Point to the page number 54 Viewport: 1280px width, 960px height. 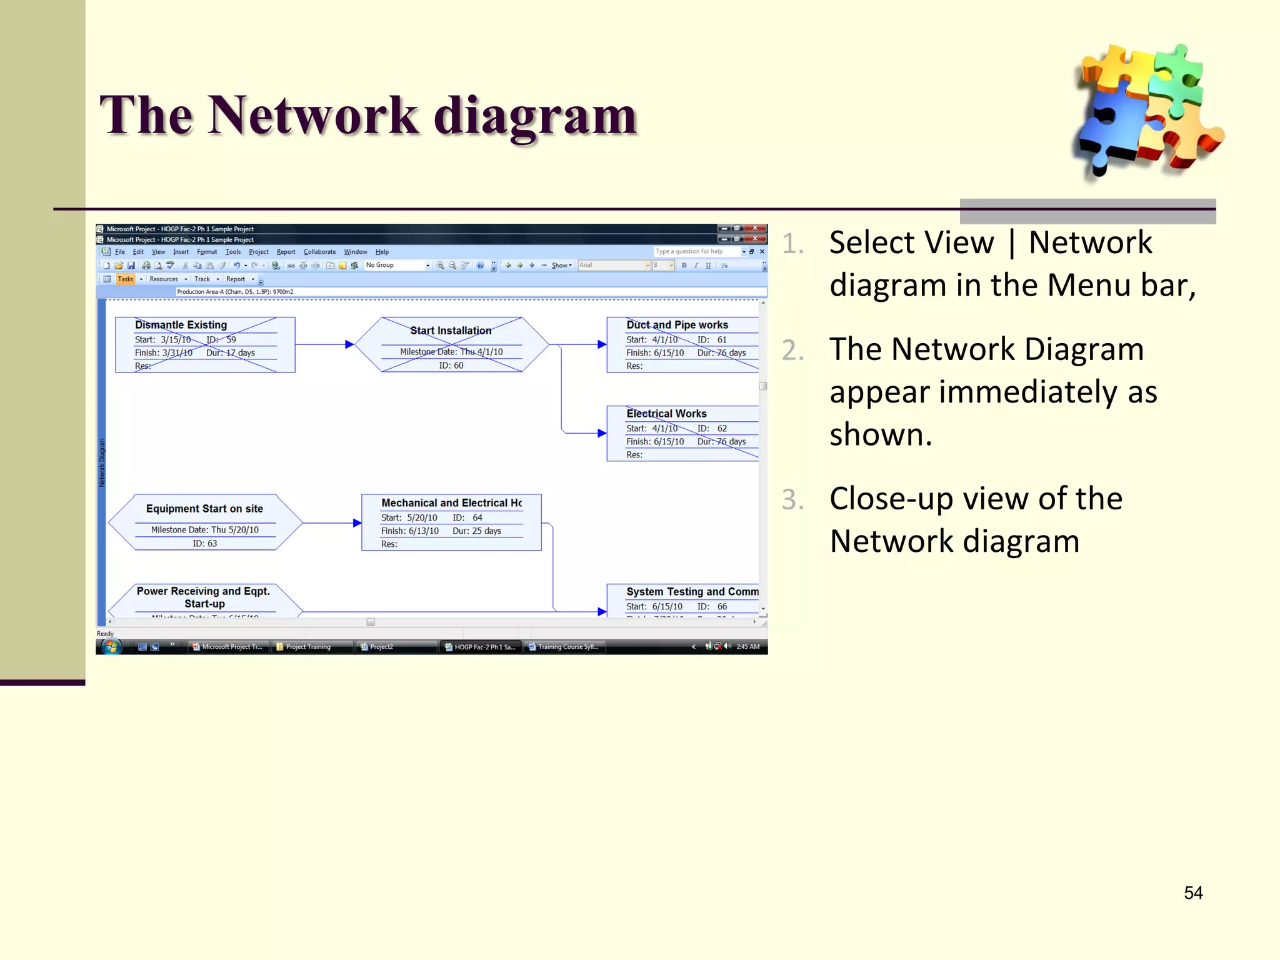pos(1192,892)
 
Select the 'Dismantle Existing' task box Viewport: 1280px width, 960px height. pos(204,344)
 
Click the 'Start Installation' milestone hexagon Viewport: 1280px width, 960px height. pos(451,344)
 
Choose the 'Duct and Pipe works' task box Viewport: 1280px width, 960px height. pos(682,344)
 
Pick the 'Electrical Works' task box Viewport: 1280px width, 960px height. pos(682,433)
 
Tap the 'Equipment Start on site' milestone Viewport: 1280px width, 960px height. pos(204,522)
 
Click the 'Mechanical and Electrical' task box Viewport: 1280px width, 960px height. pos(451,522)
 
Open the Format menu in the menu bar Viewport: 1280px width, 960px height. pos(207,252)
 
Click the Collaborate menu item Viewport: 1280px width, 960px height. pos(319,252)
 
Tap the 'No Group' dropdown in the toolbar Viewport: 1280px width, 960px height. pos(397,266)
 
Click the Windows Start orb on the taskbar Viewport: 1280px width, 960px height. pos(111,646)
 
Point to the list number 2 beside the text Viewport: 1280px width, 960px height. pos(792,350)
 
